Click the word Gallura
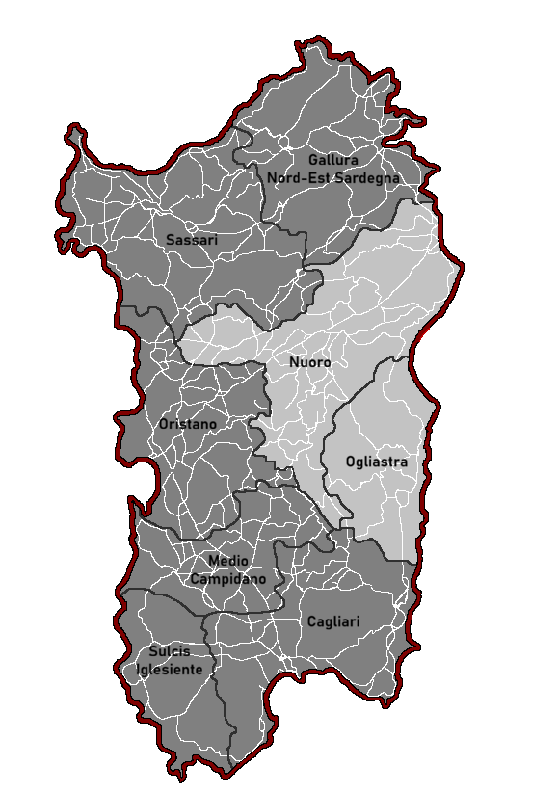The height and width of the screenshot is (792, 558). pos(333,160)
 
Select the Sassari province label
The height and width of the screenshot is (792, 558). pos(192,240)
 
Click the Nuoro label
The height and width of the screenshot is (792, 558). pos(309,363)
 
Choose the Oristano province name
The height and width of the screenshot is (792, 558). pos(187,424)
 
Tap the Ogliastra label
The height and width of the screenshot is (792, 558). pos(377,462)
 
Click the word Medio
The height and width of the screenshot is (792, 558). pos(228,561)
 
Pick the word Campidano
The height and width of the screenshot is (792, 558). pos(228,579)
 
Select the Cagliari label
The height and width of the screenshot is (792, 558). pos(333,622)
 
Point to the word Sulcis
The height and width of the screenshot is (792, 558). pos(170,652)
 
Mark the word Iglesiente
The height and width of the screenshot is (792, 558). pos(170,670)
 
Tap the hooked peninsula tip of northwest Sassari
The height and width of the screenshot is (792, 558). pos(71,130)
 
